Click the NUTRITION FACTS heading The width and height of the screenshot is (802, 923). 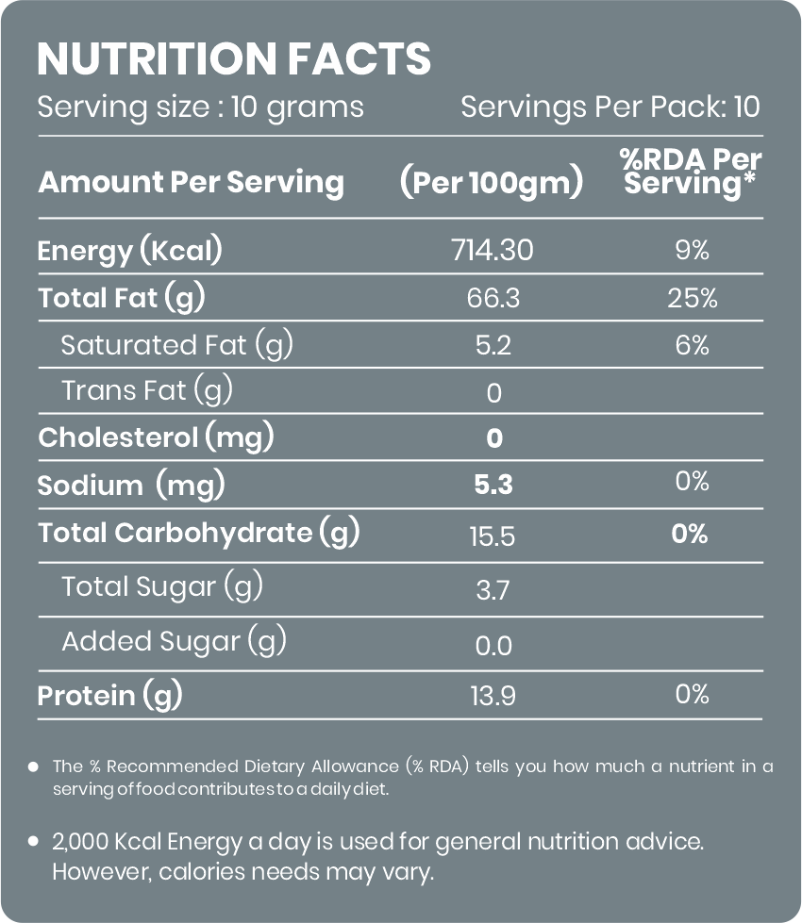coord(234,58)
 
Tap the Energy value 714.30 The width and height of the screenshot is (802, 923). coord(493,250)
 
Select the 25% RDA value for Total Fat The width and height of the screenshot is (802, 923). coord(693,298)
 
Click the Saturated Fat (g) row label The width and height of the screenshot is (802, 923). coord(176,344)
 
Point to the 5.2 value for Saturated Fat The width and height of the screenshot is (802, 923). coord(493,345)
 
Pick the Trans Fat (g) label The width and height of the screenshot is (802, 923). coord(147,390)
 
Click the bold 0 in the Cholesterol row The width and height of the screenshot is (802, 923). coord(494,438)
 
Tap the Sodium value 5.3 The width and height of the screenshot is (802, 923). coord(493,485)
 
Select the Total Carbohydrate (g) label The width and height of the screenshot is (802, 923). coord(198,533)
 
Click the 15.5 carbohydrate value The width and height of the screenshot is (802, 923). coord(493,536)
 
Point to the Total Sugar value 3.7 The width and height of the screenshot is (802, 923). coord(493,590)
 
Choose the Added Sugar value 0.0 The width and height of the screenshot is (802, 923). coord(493,646)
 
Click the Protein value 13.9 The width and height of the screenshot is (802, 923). coord(493,696)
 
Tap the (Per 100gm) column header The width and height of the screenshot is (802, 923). coord(492,181)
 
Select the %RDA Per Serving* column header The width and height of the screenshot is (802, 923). coord(691,172)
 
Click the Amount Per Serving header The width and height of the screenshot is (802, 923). coord(191,181)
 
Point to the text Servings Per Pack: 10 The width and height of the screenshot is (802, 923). coord(610,107)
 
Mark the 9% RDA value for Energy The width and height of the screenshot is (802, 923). coord(693,250)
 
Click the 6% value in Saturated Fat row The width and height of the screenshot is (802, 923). coord(693,345)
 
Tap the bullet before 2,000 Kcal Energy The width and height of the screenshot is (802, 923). coord(34,841)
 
